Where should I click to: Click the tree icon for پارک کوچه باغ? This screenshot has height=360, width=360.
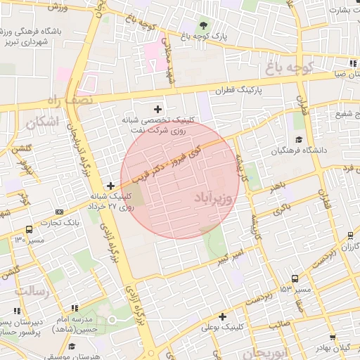pyautogui.click(x=204, y=26)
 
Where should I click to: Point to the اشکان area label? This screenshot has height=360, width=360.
pyautogui.click(x=41, y=123)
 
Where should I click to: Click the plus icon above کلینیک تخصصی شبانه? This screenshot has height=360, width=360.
pyautogui.click(x=157, y=109)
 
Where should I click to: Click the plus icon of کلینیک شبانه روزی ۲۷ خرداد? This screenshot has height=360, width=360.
pyautogui.click(x=110, y=186)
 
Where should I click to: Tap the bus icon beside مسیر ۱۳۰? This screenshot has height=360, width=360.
pyautogui.click(x=29, y=229)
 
